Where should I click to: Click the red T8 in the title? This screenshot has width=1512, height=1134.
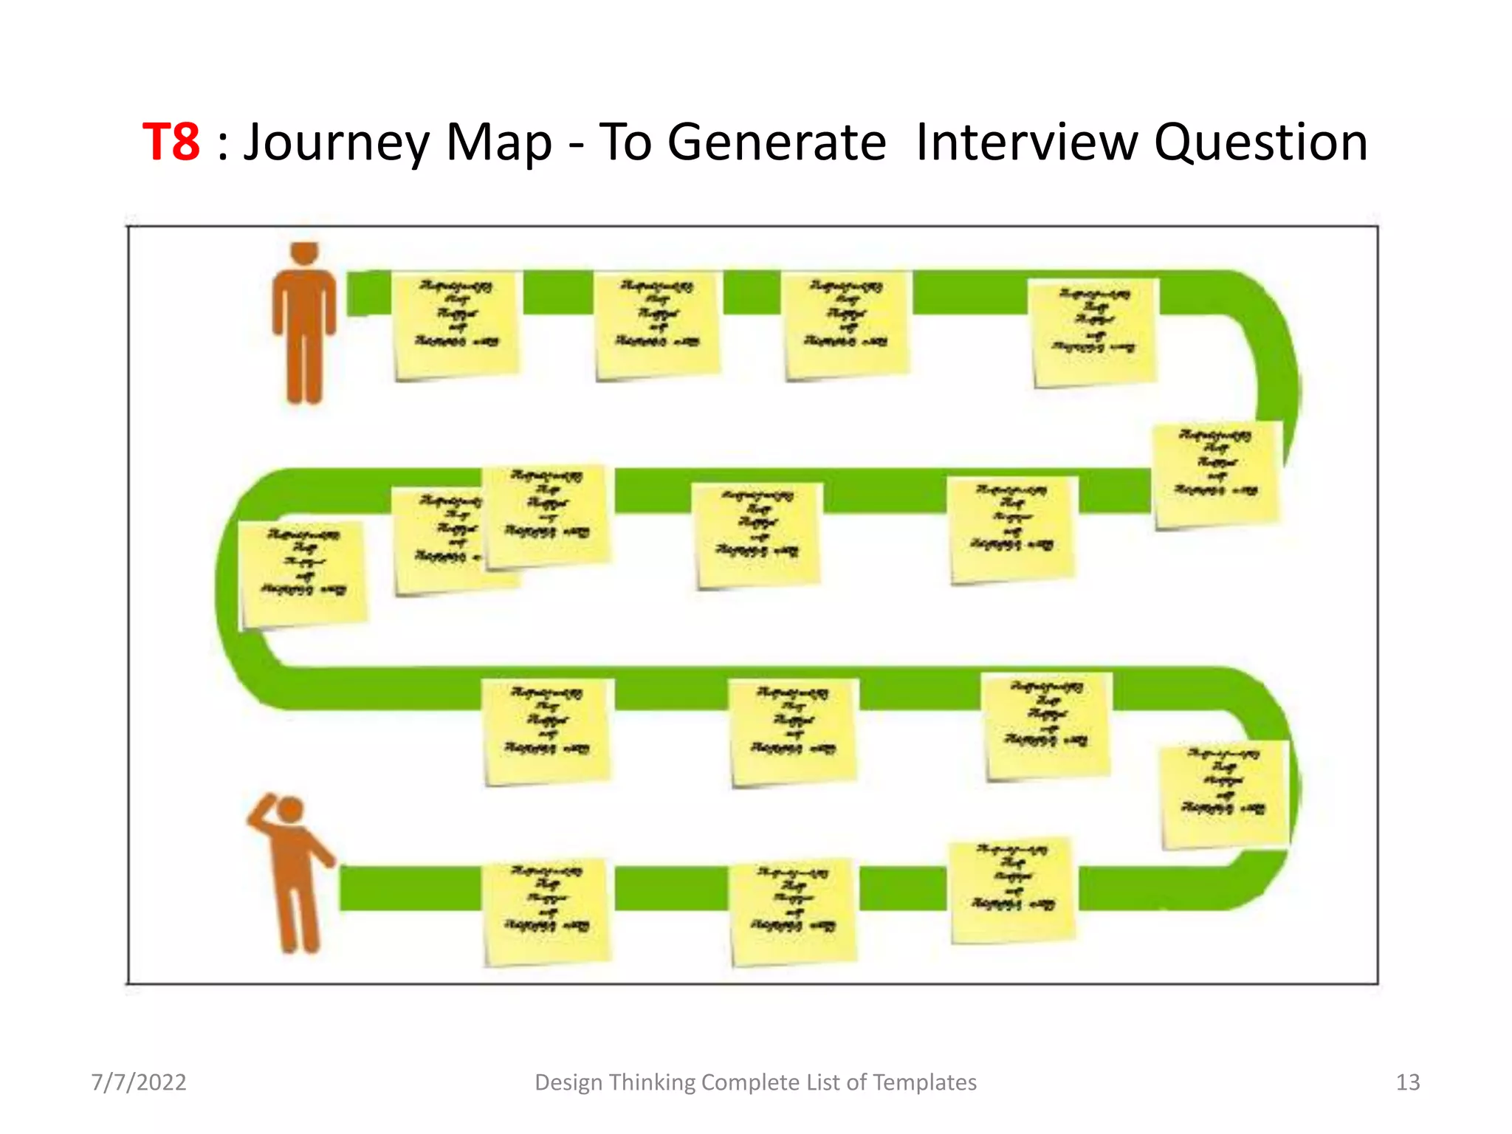(171, 142)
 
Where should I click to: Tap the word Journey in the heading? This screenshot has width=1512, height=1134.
(336, 143)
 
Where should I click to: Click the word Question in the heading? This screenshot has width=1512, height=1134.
(1260, 142)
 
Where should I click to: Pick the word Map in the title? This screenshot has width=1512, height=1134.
(498, 143)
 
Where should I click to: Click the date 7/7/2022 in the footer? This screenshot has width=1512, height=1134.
(139, 1082)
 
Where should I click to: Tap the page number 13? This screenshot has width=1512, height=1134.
(1407, 1082)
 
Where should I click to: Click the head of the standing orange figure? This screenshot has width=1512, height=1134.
(304, 252)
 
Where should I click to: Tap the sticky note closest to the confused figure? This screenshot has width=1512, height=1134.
(546, 911)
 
